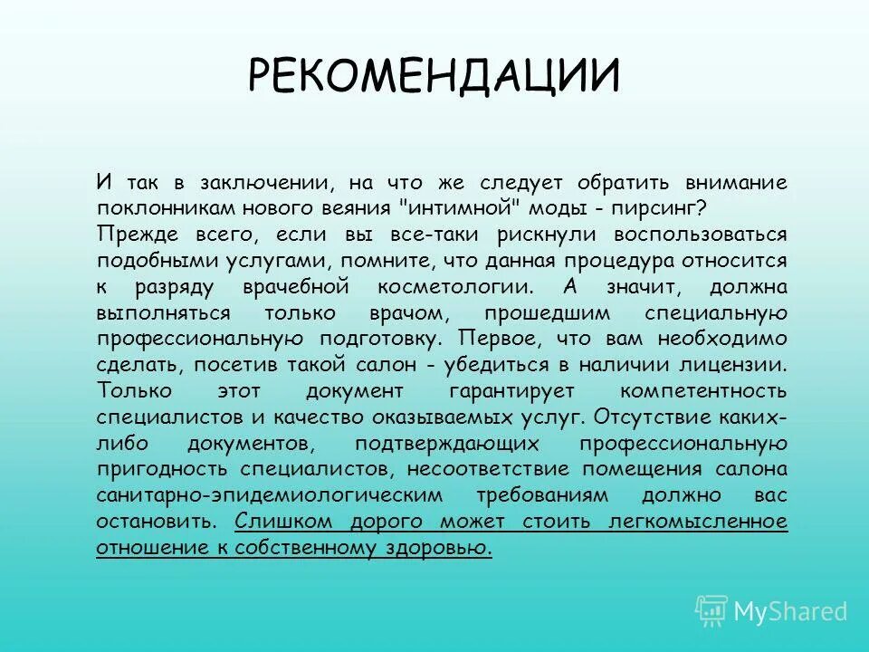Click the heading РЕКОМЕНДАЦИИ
tap(434, 75)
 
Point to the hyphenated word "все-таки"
tap(435, 234)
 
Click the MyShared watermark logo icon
tap(711, 610)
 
